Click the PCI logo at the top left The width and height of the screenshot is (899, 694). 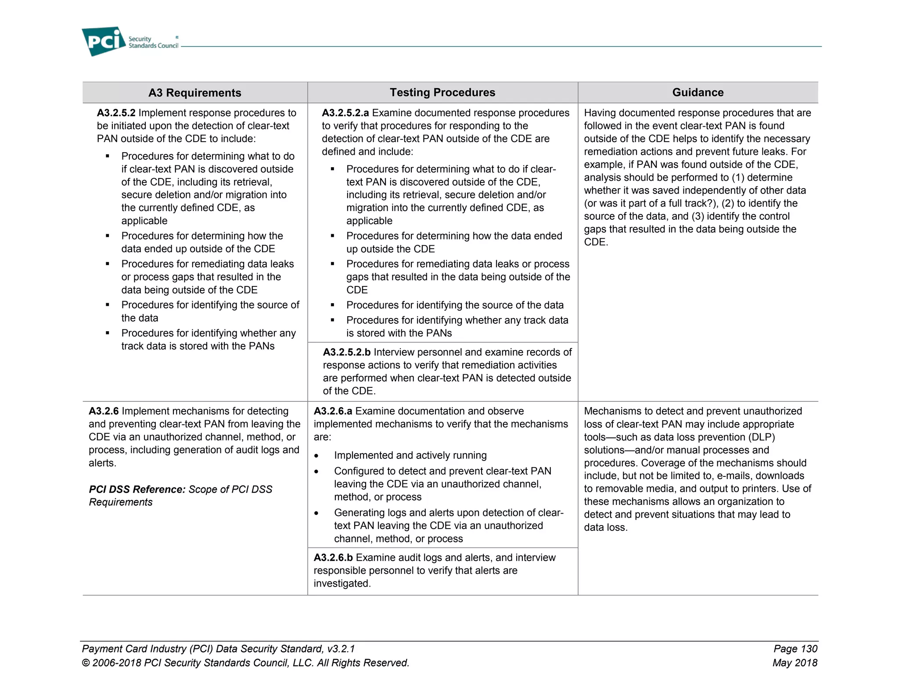click(104, 41)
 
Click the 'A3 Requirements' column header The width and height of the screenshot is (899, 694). click(194, 93)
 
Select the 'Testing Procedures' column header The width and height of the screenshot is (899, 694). click(442, 92)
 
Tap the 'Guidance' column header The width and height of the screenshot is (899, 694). click(698, 92)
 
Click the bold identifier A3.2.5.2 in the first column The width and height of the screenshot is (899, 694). click(116, 113)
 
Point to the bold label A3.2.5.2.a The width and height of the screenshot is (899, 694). click(345, 113)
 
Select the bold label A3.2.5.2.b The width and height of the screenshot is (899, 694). click(346, 352)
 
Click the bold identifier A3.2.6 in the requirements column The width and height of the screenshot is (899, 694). click(104, 411)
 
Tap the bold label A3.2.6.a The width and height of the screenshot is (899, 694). click(333, 411)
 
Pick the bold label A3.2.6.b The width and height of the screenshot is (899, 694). click(333, 558)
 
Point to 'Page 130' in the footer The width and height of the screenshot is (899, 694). click(795, 649)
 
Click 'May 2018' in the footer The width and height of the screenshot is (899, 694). click(795, 663)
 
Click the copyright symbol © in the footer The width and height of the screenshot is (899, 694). click(86, 663)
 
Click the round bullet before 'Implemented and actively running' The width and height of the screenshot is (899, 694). click(316, 456)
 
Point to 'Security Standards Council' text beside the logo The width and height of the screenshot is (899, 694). click(153, 43)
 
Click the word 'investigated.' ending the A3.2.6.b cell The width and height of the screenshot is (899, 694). click(342, 583)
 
